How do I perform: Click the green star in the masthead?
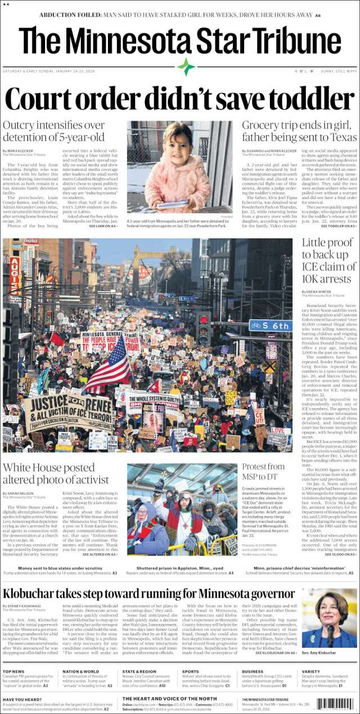(186, 67)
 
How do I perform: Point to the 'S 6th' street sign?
(271, 325)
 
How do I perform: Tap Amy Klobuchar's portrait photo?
(329, 618)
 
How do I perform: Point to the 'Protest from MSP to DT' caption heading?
(263, 472)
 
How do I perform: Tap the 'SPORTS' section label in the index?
(191, 671)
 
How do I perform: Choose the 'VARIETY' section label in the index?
(310, 671)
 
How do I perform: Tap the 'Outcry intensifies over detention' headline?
(54, 131)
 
